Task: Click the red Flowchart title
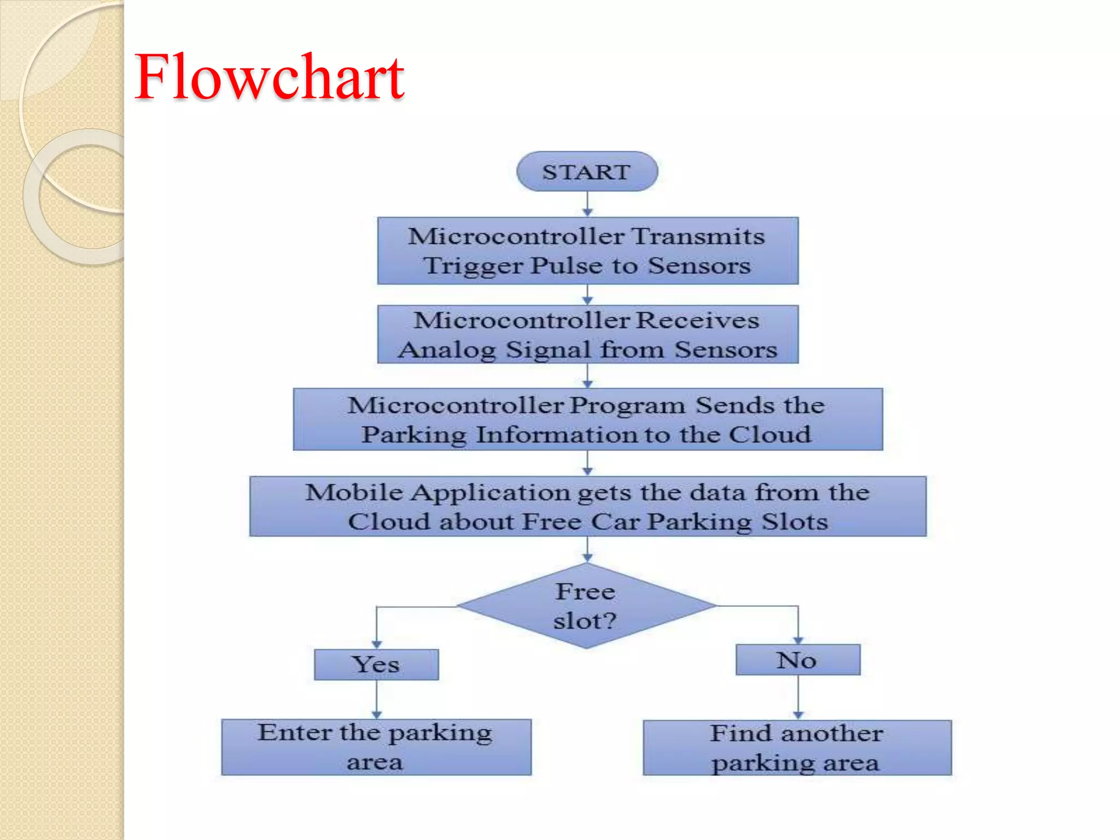pyautogui.click(x=269, y=78)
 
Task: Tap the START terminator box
pyautogui.click(x=587, y=172)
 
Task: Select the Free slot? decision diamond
pyautogui.click(x=586, y=606)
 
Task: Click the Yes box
pyautogui.click(x=376, y=664)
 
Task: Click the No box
pyautogui.click(x=797, y=660)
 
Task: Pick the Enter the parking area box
pyautogui.click(x=376, y=747)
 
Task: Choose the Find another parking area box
pyautogui.click(x=797, y=748)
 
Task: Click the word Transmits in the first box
pyautogui.click(x=698, y=236)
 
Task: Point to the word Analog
pyautogui.click(x=447, y=349)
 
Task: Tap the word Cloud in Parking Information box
pyautogui.click(x=770, y=435)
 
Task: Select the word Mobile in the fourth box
pyautogui.click(x=354, y=492)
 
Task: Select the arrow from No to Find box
pyautogui.click(x=798, y=698)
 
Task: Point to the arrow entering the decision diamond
pyautogui.click(x=587, y=550)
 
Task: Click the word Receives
pyautogui.click(x=698, y=320)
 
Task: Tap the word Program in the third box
pyautogui.click(x=627, y=406)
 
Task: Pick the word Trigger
pyautogui.click(x=474, y=266)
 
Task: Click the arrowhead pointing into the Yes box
pyautogui.click(x=376, y=645)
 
